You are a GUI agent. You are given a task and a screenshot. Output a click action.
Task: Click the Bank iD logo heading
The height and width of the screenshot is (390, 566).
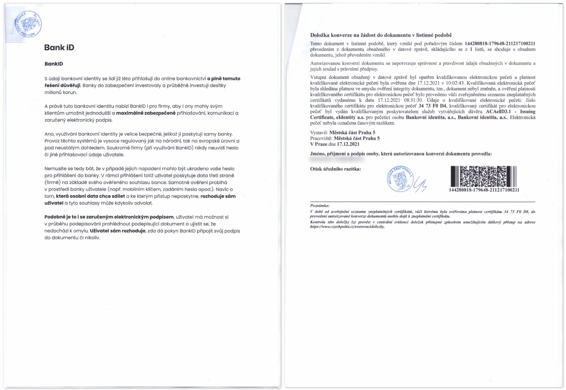pyautogui.click(x=59, y=47)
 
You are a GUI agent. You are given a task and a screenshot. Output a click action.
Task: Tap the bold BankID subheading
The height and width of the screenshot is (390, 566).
pyautogui.click(x=54, y=64)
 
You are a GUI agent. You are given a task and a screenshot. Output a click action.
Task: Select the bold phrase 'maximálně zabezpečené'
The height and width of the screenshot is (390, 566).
pyautogui.click(x=146, y=113)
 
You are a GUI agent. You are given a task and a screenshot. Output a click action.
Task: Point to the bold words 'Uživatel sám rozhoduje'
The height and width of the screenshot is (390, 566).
pyautogui.click(x=118, y=231)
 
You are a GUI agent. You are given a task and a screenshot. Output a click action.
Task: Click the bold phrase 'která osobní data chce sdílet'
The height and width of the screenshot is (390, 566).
pyautogui.click(x=91, y=196)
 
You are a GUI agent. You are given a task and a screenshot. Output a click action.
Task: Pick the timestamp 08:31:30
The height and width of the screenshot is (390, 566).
pyautogui.click(x=413, y=100)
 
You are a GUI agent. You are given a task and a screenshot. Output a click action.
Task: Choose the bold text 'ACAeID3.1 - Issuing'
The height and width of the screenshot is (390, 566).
pyautogui.click(x=510, y=111)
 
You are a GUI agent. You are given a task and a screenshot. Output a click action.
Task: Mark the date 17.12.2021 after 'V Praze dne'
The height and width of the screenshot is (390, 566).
pyautogui.click(x=348, y=144)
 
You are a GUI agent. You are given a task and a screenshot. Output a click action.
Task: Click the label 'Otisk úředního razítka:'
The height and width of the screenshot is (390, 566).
pyautogui.click(x=335, y=169)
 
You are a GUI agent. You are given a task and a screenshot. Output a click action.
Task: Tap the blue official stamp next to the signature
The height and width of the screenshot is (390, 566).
pyautogui.click(x=400, y=179)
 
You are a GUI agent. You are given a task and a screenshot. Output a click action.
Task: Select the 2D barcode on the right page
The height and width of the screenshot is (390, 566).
pyautogui.click(x=484, y=176)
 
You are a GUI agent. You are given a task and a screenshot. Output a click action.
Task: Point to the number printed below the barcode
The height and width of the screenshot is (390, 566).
pyautogui.click(x=484, y=190)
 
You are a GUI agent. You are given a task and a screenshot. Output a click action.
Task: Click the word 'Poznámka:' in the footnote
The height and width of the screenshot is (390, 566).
pyautogui.click(x=319, y=205)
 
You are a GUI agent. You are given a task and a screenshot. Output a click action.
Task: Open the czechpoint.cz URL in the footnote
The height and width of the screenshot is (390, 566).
pyautogui.click(x=347, y=226)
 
